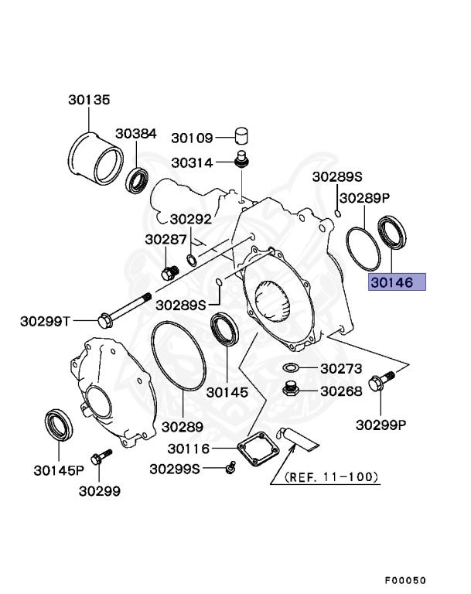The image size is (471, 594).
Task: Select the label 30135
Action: pos(89,100)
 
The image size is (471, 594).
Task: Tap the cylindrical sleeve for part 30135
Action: pos(95,159)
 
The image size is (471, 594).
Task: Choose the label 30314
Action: pos(192,163)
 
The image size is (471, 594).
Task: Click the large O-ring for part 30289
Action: pos(177,357)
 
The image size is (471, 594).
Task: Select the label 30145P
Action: pos(59,469)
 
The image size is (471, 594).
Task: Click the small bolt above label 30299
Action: pos(97,459)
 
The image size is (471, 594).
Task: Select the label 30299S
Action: pos(175,469)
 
